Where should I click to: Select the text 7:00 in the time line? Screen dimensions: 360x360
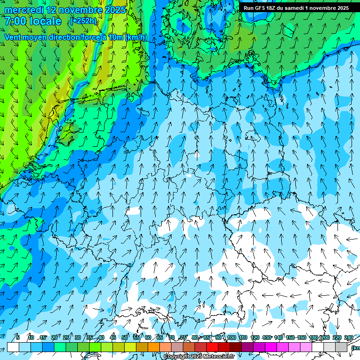click(x=16, y=21)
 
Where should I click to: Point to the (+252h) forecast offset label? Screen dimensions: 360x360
click(x=83, y=21)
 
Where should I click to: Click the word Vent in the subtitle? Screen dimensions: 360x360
click(x=14, y=37)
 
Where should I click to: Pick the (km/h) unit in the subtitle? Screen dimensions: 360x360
click(x=136, y=37)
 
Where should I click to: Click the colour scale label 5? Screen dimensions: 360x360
click(x=18, y=337)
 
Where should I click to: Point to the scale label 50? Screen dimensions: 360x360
click(x=125, y=337)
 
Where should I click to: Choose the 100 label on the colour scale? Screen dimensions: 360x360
click(x=232, y=337)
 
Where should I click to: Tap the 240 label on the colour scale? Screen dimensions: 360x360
click(x=349, y=337)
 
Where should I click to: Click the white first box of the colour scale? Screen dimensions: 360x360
click(x=13, y=347)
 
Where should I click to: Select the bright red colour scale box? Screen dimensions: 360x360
click(x=212, y=347)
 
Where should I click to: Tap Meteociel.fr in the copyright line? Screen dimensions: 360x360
click(x=219, y=357)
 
